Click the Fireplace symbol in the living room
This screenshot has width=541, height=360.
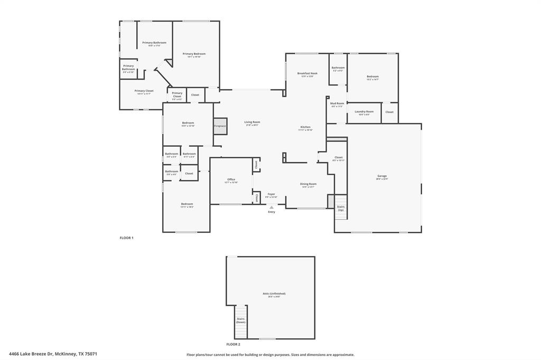220,126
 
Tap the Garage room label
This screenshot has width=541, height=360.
382,176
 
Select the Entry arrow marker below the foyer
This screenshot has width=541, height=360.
272,207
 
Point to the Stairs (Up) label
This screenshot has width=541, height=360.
341,208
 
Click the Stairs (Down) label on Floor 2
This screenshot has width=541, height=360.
240,320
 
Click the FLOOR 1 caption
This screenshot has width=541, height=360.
126,238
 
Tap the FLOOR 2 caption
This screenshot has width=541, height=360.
233,344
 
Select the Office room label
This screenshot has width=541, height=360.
231,180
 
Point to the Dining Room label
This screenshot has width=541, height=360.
309,184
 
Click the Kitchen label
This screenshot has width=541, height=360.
305,128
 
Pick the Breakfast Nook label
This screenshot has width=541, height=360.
307,74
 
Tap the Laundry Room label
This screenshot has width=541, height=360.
364,112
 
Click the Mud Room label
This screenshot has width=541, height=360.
337,104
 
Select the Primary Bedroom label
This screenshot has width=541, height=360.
194,54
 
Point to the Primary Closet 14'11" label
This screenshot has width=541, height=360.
144,91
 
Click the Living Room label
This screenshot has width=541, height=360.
252,122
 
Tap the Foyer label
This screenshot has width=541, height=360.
271,195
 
